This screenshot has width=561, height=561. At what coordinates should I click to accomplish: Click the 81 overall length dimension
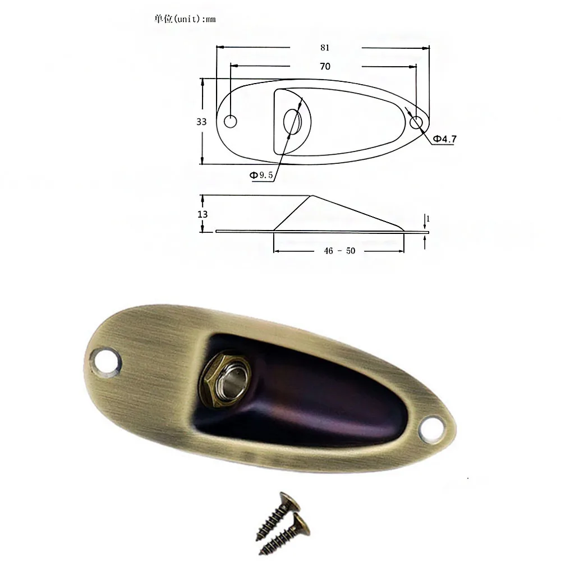click(x=325, y=48)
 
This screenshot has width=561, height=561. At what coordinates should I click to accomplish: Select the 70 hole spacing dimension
click(x=325, y=66)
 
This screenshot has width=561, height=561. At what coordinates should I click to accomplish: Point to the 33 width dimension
click(x=201, y=122)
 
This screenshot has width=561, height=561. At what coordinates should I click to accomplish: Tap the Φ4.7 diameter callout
click(x=444, y=139)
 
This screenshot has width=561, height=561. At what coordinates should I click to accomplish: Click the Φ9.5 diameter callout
click(x=261, y=175)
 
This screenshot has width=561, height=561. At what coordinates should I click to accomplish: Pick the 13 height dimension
click(x=203, y=214)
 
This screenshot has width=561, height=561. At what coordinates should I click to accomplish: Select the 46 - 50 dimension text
click(x=339, y=251)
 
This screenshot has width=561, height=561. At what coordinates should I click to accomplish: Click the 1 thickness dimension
click(x=428, y=218)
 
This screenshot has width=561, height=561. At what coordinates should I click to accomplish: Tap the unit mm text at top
click(x=185, y=19)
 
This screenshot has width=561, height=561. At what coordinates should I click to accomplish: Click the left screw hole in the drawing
click(x=231, y=122)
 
